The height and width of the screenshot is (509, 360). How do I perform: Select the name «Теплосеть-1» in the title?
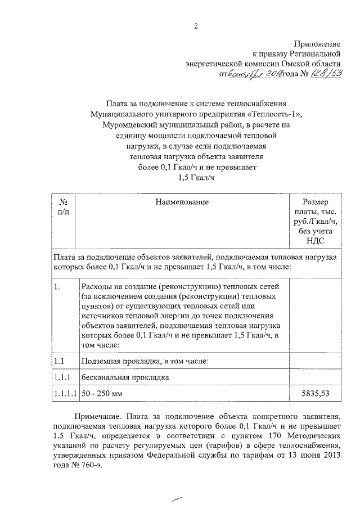tap(280, 114)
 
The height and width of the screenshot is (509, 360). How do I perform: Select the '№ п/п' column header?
tap(63, 207)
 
